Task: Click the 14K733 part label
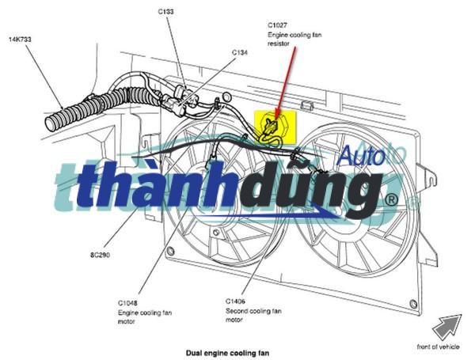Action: click(21, 39)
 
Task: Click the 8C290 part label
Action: click(101, 256)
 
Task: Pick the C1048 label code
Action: click(129, 303)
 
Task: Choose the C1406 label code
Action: click(236, 301)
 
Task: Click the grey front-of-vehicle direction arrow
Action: click(447, 325)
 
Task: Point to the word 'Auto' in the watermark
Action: click(360, 156)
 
